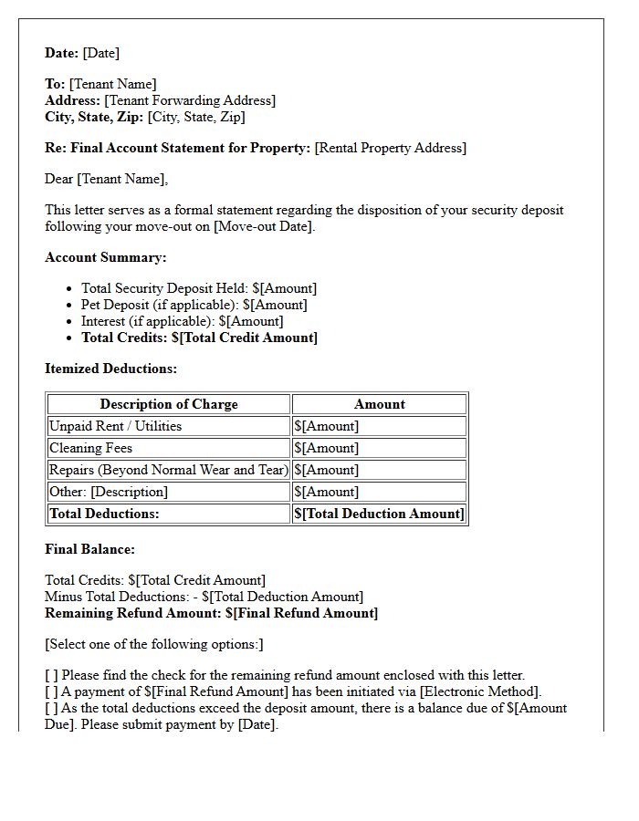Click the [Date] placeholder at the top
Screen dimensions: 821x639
[x=100, y=53]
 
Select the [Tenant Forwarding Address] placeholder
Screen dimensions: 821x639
[x=190, y=100]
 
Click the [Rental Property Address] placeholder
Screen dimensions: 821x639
[x=390, y=148]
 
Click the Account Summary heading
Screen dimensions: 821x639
[x=105, y=257]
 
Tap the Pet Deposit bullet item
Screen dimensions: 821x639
[x=194, y=305]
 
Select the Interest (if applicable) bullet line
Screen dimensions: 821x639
[x=182, y=321]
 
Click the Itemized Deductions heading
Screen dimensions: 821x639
[x=110, y=369]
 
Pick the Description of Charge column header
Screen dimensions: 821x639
[x=169, y=404]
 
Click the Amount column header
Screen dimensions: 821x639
[x=379, y=404]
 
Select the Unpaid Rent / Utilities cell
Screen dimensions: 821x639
[x=115, y=426]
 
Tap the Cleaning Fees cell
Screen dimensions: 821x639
[x=90, y=448]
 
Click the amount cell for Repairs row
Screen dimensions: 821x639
[x=379, y=470]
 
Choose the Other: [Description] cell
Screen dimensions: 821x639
[x=109, y=492]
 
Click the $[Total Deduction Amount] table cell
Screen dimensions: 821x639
[x=379, y=514]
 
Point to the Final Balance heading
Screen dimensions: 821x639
[x=89, y=549]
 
